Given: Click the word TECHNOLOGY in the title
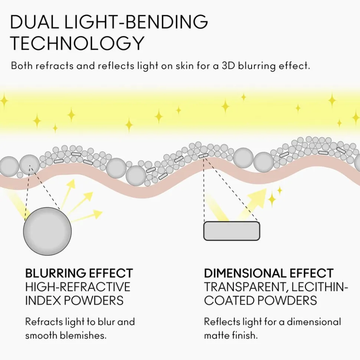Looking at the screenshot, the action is (x=78, y=43).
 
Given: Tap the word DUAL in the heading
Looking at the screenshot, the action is (x=35, y=22).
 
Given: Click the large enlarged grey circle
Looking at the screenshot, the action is (x=48, y=231).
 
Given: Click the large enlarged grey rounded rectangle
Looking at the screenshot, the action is (x=232, y=231).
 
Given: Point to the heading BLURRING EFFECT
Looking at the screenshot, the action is (x=79, y=273).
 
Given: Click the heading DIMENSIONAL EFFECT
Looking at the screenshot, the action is (x=269, y=273).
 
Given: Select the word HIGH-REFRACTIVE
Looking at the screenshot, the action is (x=78, y=287).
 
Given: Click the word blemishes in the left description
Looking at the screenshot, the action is (x=83, y=336).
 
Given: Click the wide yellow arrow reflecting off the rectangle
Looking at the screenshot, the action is (x=252, y=204).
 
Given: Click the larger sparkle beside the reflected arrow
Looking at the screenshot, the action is (x=272, y=199).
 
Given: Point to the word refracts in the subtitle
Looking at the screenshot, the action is (x=55, y=66).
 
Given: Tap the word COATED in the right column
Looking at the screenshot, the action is (x=229, y=301).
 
